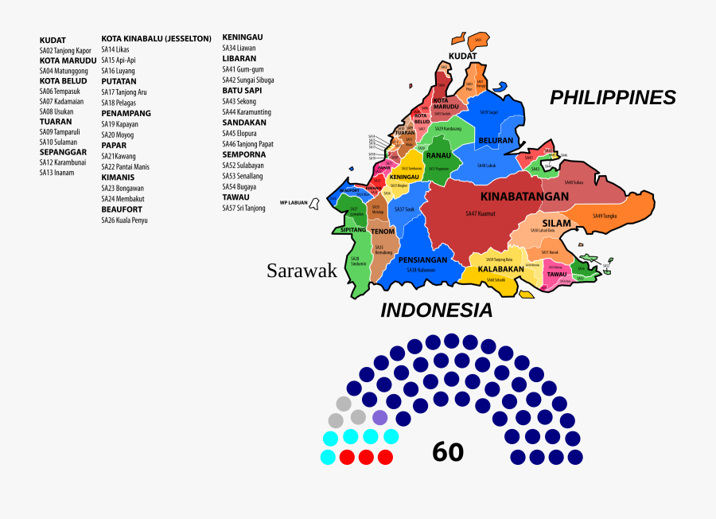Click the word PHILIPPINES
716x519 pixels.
(x=613, y=97)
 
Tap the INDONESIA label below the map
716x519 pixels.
(x=436, y=310)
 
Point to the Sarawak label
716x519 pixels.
(x=302, y=271)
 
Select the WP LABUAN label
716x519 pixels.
(x=294, y=201)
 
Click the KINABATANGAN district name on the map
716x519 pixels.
(x=524, y=196)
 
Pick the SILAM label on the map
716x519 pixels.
(x=557, y=223)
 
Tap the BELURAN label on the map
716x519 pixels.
(x=495, y=140)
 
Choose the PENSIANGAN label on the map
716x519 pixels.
(x=422, y=259)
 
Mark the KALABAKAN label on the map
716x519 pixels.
(x=500, y=269)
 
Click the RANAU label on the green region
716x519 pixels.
(x=438, y=156)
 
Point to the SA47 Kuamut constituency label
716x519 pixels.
(x=481, y=213)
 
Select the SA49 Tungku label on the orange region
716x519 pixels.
(x=605, y=216)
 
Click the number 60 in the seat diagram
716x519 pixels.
(x=448, y=452)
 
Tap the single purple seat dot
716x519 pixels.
(x=380, y=417)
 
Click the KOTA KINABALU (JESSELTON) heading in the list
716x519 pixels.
(x=156, y=38)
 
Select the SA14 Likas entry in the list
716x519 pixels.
(x=115, y=49)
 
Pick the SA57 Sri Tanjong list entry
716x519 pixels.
(x=243, y=208)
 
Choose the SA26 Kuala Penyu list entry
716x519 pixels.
(x=124, y=220)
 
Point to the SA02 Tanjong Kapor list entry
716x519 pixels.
(x=65, y=50)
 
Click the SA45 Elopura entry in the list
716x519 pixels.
(x=239, y=134)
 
